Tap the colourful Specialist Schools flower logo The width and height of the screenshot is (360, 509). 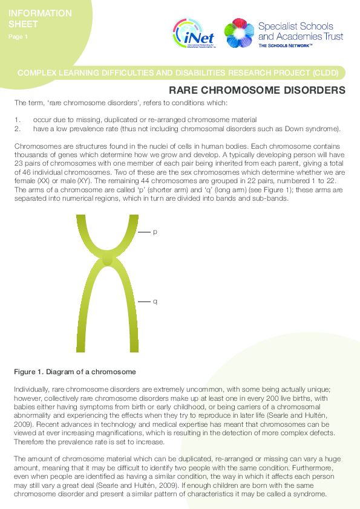(238, 33)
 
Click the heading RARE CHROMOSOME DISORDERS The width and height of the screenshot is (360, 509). (257, 91)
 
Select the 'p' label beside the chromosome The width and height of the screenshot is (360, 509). (155, 232)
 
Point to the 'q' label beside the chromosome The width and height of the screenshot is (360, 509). (155, 301)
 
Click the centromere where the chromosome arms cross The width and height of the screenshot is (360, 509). (108, 260)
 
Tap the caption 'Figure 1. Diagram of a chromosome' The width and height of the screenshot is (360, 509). (75, 371)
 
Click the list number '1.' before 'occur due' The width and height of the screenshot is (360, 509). (18, 120)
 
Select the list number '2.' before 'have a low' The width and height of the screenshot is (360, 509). (18, 128)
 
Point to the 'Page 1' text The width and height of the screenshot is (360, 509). (18, 37)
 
